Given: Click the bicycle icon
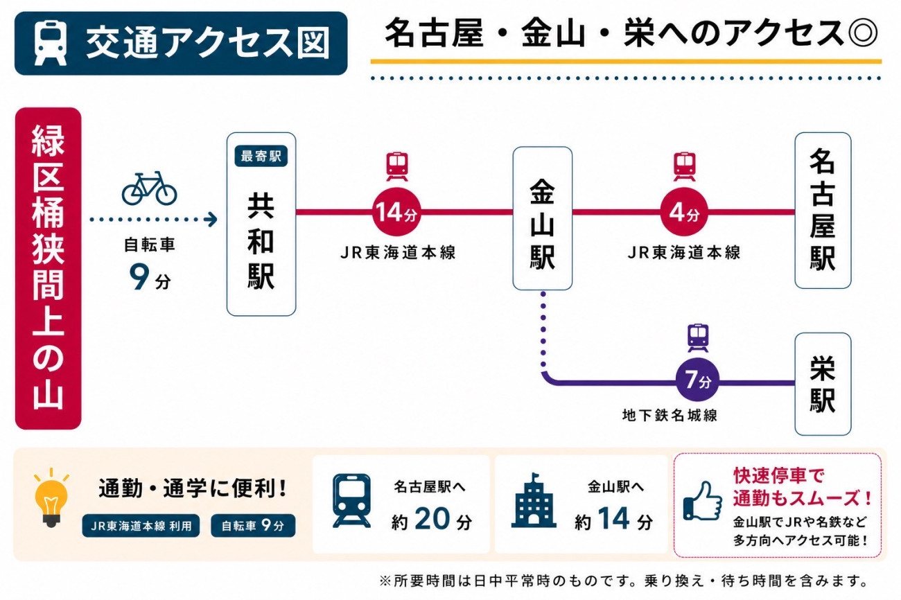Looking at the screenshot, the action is [149, 188].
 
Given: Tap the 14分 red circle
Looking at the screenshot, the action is [396, 211].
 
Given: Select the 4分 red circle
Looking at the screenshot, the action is [684, 211].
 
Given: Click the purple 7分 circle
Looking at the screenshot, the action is [697, 380].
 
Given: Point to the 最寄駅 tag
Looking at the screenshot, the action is [261, 156].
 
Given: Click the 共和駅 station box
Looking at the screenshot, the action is [261, 224].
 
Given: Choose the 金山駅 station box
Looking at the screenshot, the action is [542, 218].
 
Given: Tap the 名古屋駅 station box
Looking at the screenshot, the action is [823, 211].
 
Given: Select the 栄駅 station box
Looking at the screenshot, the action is [823, 384].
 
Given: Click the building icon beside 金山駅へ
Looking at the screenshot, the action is [534, 500].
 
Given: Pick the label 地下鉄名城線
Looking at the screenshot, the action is [670, 415].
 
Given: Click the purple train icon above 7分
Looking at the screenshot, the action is [698, 338].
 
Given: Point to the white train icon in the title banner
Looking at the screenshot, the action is [51, 43].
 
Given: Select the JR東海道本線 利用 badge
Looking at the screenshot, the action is [141, 526].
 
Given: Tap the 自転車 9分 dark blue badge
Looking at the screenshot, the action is [253, 526].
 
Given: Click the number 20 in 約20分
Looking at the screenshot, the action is [432, 519].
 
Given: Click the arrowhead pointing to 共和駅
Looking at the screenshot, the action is [211, 220].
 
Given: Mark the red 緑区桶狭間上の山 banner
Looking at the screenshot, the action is [49, 268].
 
